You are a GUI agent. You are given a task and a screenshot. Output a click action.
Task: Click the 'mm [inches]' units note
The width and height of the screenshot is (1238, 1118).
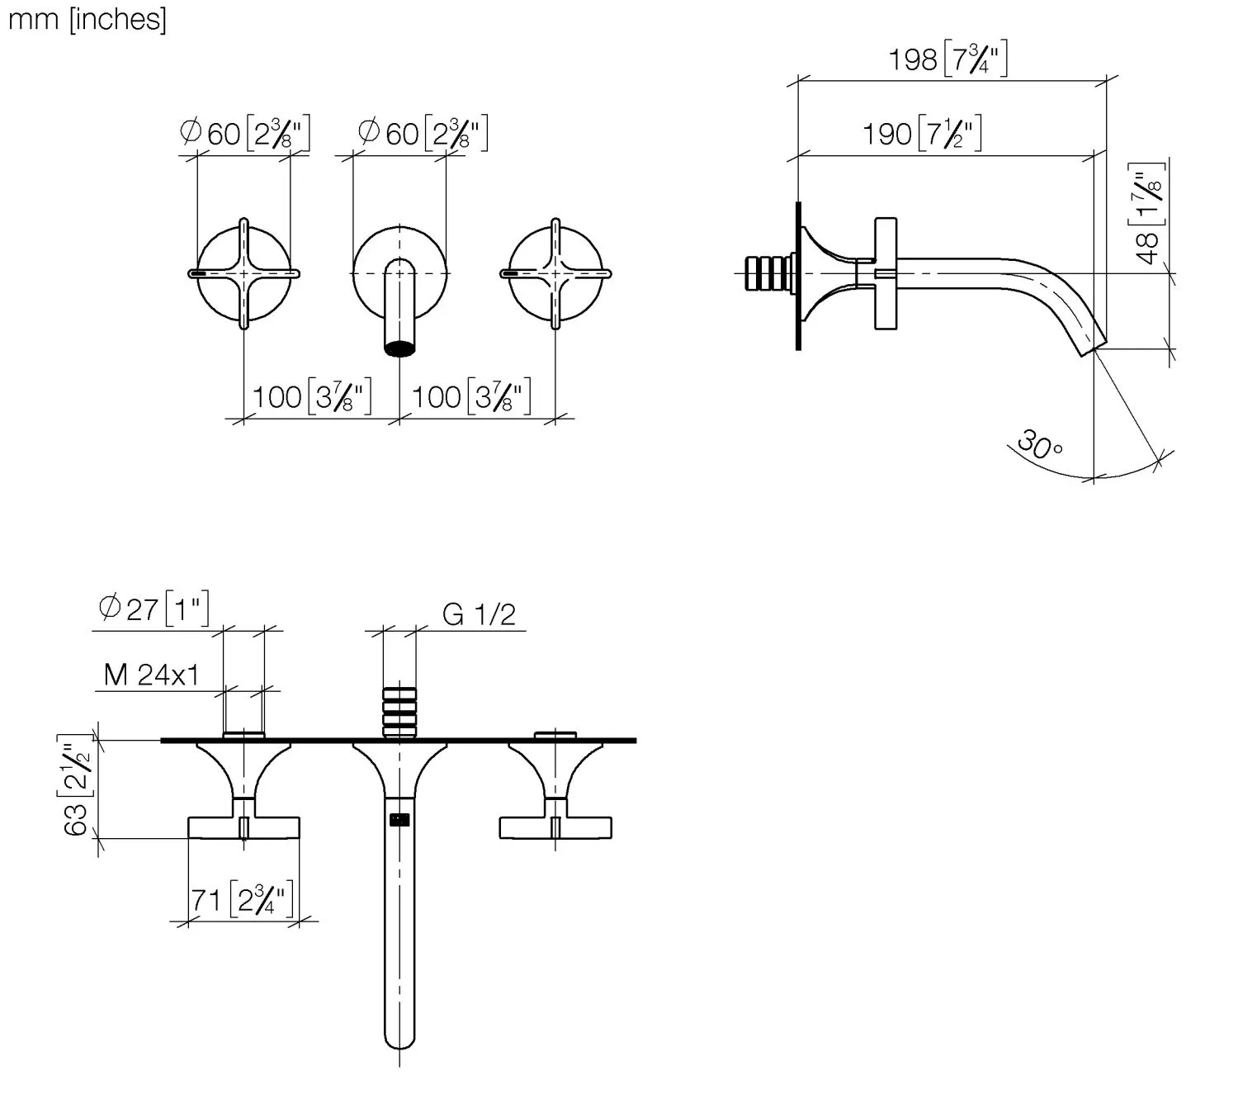tap(87, 21)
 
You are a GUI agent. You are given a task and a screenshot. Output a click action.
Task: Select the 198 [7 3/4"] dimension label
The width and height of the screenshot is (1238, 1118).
tap(948, 59)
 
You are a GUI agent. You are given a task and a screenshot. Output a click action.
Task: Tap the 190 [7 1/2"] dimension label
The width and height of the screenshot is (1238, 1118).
tap(922, 134)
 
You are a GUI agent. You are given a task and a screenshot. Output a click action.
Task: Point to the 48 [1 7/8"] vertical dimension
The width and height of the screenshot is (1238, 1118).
tap(1147, 215)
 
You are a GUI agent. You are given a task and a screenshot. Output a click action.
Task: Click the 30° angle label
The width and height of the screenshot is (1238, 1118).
tap(1039, 445)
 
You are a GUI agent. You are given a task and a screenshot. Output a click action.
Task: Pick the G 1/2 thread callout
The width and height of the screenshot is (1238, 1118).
tap(479, 614)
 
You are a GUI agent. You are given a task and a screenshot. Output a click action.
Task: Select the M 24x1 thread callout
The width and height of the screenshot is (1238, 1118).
tap(151, 675)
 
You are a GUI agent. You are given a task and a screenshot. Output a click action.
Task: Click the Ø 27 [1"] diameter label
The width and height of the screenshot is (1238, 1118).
tap(154, 609)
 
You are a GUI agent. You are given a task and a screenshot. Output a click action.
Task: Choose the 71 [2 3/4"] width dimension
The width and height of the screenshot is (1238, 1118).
tap(241, 900)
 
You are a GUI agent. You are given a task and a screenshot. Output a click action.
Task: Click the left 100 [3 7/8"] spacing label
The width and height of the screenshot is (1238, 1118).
tap(312, 396)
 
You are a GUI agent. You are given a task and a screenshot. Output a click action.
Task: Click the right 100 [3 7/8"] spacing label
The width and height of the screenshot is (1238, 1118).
tap(471, 396)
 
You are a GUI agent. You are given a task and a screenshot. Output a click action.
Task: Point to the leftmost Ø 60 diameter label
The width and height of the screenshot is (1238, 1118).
tap(244, 133)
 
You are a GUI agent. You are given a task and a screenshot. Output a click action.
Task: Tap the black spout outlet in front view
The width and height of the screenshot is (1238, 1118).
tap(399, 348)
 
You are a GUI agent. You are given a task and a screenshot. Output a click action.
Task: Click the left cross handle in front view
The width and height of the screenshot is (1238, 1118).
tap(243, 273)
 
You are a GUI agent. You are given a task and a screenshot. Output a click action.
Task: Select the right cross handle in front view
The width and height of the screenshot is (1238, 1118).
tap(555, 273)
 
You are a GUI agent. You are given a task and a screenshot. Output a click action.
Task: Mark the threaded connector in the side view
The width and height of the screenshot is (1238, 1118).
tap(769, 272)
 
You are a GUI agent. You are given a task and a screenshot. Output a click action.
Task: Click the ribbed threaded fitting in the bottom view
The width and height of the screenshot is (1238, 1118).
tap(399, 713)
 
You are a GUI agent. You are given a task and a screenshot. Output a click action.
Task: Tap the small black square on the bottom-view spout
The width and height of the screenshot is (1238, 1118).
tap(399, 820)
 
